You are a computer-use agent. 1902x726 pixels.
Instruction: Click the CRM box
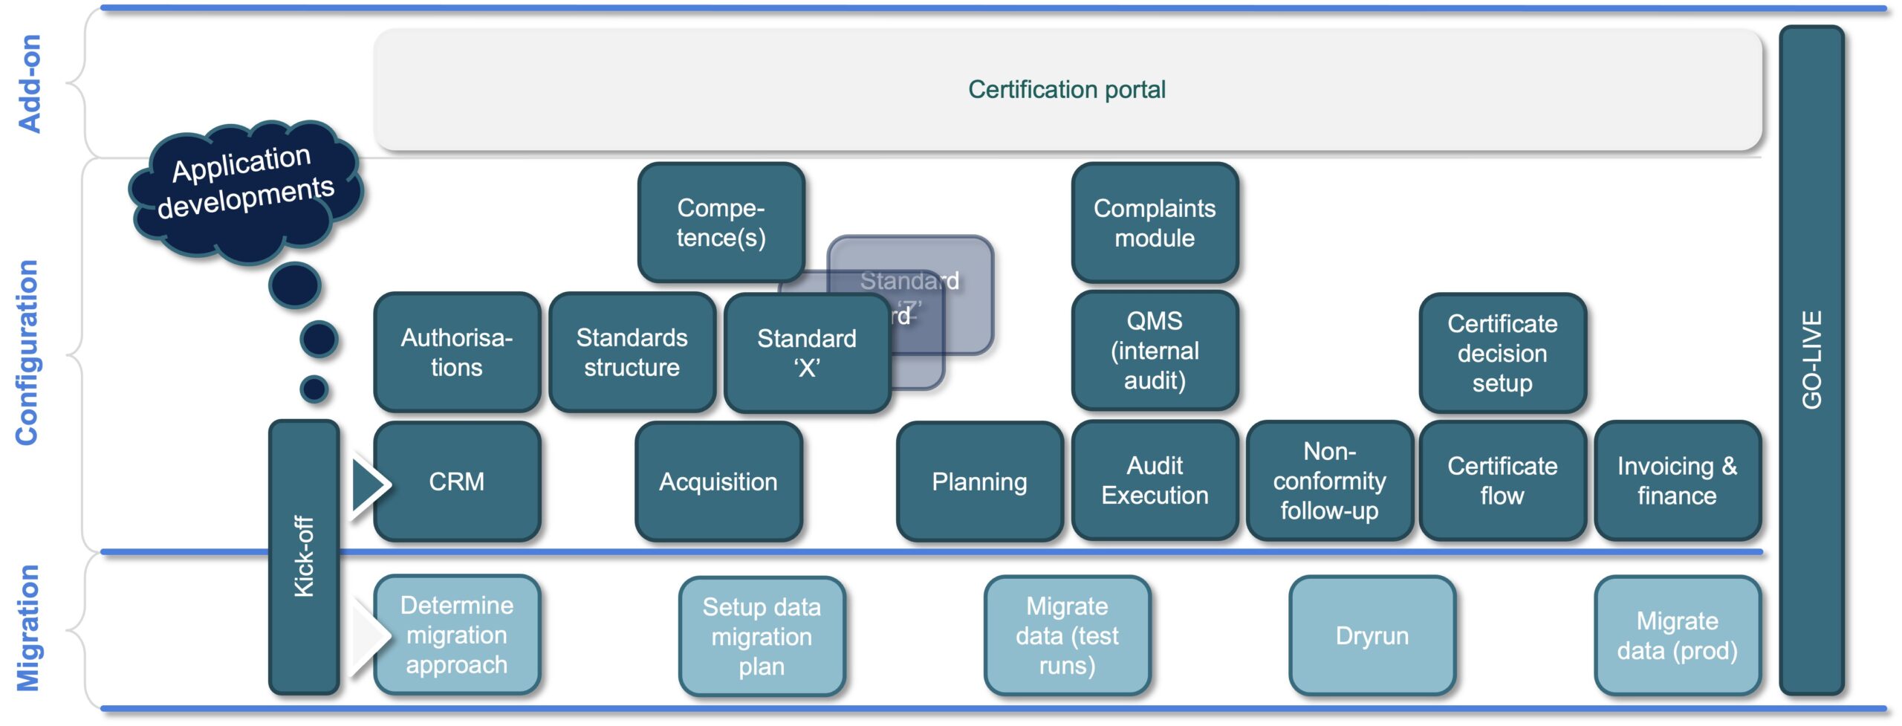click(456, 482)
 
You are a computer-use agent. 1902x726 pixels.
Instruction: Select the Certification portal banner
click(1067, 90)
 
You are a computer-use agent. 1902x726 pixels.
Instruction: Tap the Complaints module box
click(1154, 223)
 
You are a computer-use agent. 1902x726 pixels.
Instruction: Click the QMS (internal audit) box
click(1154, 351)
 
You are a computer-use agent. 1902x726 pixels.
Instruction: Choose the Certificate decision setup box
click(1502, 353)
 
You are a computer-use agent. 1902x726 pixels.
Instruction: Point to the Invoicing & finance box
click(1677, 481)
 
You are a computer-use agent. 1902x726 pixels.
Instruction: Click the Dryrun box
click(1372, 635)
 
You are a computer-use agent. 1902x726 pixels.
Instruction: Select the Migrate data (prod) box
click(1677, 635)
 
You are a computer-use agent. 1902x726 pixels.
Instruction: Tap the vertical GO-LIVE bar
click(1811, 360)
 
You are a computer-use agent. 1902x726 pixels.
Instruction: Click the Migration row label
click(28, 628)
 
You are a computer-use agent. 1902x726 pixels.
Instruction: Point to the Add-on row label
click(30, 84)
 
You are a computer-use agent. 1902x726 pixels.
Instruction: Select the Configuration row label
click(27, 353)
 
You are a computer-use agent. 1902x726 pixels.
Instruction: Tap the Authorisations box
click(456, 352)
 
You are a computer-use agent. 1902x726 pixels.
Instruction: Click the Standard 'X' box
click(806, 352)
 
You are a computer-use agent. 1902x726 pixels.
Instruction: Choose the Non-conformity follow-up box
click(1329, 481)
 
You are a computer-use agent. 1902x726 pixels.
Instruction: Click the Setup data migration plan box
click(762, 636)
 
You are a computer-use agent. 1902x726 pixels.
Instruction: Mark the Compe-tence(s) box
click(721, 222)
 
